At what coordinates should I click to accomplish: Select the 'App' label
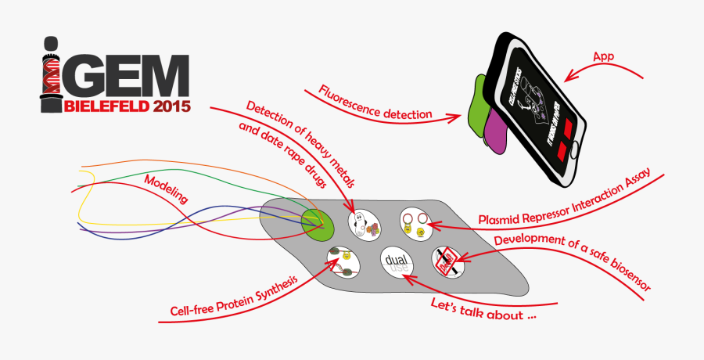point(602,56)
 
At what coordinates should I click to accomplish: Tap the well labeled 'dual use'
point(396,262)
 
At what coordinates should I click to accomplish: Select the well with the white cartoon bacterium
point(364,222)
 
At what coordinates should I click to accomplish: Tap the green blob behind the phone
point(475,104)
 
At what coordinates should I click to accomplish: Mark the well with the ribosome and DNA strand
point(343,261)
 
